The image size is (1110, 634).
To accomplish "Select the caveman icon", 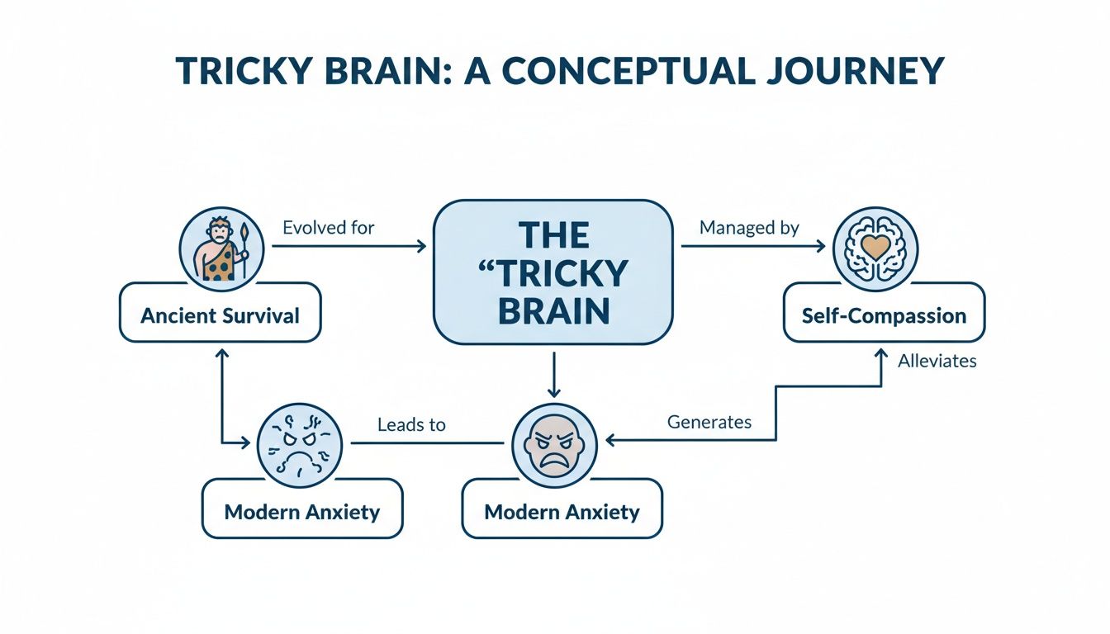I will (x=221, y=247).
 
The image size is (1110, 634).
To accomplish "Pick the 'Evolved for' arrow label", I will (x=328, y=228).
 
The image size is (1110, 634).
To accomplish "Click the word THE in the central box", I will (x=554, y=236).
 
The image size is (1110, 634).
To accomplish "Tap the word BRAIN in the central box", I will (x=554, y=311).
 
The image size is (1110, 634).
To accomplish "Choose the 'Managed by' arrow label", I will (x=749, y=228).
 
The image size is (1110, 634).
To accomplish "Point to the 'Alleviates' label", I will (x=937, y=361).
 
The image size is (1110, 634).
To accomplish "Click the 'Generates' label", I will (x=709, y=422).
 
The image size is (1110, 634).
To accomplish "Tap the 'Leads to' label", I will (x=411, y=425).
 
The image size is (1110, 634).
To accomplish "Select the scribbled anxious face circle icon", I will (x=301, y=444).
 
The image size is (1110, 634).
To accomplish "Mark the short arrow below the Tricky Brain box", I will (x=554, y=373).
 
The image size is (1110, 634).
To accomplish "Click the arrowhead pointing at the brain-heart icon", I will (x=819, y=245).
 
